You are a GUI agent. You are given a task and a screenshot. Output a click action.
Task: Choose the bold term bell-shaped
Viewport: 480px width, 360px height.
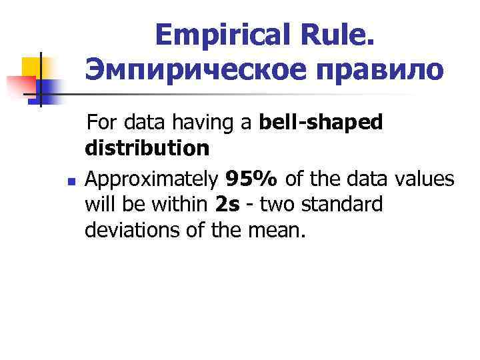point(321,123)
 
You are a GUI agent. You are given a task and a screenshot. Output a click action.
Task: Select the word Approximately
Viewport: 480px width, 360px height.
point(153,179)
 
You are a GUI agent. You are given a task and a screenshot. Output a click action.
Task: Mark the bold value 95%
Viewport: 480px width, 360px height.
point(252,179)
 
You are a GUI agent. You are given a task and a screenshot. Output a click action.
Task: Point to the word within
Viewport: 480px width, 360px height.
point(179,204)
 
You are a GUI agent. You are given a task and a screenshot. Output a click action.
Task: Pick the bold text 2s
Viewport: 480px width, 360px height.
point(227,204)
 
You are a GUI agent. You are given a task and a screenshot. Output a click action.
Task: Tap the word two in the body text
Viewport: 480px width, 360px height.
point(277,204)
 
